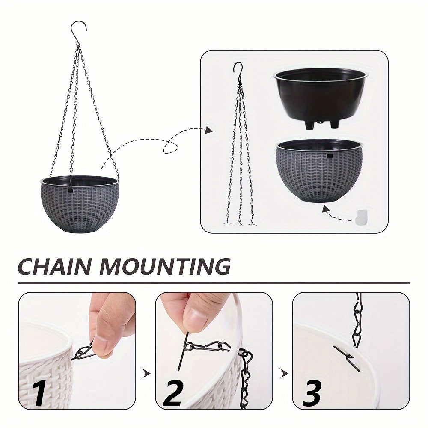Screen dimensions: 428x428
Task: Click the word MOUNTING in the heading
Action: (165, 266)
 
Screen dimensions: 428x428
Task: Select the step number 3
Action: (312, 393)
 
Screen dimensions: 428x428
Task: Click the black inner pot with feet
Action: (320, 96)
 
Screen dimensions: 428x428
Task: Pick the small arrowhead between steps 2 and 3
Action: (283, 374)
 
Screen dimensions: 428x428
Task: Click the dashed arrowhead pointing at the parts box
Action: (208, 130)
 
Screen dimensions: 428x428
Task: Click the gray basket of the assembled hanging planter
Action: (79, 205)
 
